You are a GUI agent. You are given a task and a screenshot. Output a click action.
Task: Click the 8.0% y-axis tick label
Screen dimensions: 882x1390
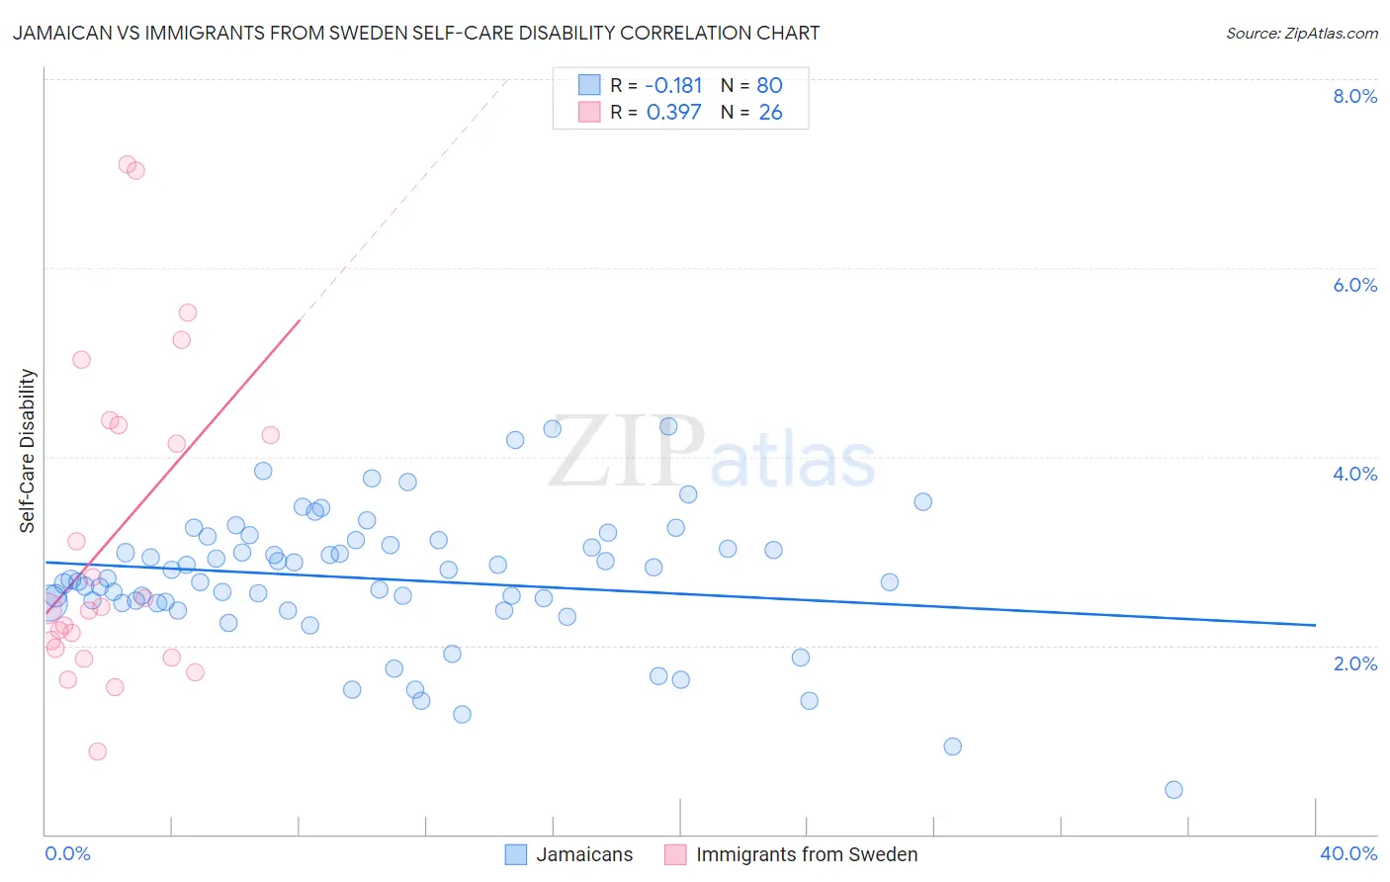[x=1354, y=96]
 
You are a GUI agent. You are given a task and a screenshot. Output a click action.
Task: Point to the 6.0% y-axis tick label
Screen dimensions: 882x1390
[x=1354, y=285]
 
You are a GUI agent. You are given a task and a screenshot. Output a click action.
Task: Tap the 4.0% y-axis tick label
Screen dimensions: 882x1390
[x=1354, y=474]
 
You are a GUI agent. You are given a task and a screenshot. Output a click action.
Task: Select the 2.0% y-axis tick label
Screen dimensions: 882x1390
[x=1354, y=663]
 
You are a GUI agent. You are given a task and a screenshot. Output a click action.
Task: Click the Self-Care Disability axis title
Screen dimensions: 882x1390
[x=28, y=451]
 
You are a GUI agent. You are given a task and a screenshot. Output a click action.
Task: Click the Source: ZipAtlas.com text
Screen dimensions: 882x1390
[x=1301, y=34]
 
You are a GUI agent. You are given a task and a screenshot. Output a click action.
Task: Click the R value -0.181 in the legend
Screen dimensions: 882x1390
[x=673, y=86]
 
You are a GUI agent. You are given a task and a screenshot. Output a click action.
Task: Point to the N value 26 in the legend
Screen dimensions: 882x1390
[x=770, y=113]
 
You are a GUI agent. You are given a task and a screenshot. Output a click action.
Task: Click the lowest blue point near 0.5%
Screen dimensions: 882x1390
[x=1173, y=789]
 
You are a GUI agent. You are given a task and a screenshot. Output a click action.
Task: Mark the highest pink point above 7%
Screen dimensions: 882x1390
[x=128, y=164]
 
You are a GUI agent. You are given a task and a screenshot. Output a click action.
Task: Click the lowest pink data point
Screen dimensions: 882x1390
[x=97, y=751]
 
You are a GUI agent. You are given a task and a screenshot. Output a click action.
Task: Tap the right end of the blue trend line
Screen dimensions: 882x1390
[x=1315, y=625]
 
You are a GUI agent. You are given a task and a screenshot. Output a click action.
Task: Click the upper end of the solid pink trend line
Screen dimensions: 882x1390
[x=299, y=321]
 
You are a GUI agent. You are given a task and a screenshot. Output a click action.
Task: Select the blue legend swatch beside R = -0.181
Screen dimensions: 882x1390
[x=589, y=85]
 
